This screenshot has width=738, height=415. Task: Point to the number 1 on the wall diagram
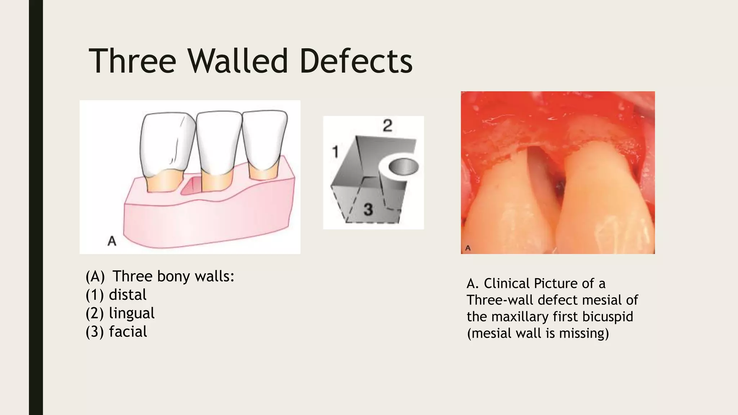pos(335,152)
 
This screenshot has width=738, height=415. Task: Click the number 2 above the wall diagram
pos(387,125)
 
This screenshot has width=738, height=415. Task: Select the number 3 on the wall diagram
pos(368,209)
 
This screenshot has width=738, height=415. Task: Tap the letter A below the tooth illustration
pos(112,241)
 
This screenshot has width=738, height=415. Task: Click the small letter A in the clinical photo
pos(468,248)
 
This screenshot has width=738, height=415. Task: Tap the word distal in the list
pos(128,295)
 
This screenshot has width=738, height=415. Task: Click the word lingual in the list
pos(132,313)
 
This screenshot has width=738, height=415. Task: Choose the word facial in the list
pos(128,332)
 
